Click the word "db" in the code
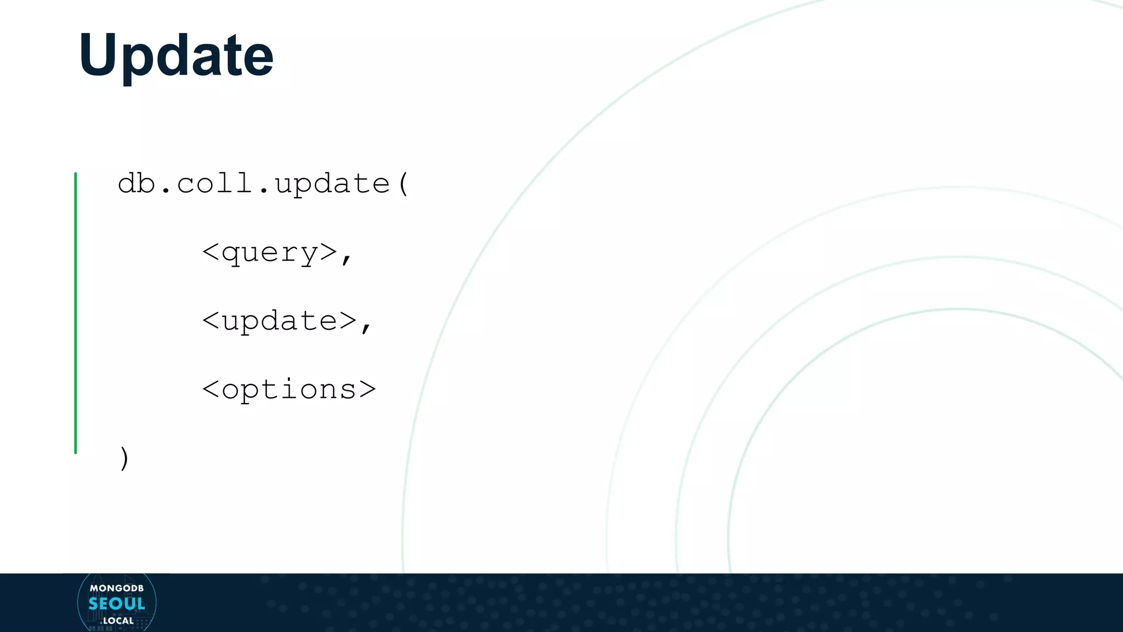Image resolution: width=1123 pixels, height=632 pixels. [x=137, y=183]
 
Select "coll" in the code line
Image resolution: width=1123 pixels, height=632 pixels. [x=214, y=183]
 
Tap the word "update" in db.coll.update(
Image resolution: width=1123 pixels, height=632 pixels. [x=332, y=184]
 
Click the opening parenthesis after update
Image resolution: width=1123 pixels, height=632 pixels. [x=404, y=184]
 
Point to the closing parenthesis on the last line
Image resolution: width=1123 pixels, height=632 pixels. [x=124, y=458]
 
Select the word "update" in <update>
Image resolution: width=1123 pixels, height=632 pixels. [x=280, y=321]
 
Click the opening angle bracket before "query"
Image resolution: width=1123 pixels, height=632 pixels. [x=211, y=252]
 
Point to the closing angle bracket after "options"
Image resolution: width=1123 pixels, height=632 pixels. [x=367, y=390]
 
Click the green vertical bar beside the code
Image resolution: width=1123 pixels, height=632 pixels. [x=76, y=313]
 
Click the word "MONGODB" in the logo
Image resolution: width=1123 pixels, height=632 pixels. [x=117, y=588]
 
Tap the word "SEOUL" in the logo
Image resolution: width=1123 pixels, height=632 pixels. [x=117, y=604]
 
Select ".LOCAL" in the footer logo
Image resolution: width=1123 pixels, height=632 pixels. [x=117, y=621]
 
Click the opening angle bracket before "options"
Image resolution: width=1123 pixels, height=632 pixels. [x=211, y=390]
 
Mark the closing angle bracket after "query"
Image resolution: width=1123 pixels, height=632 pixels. [x=328, y=252]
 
